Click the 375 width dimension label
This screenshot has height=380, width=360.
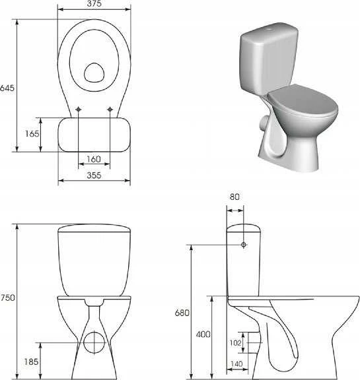tap(94, 3)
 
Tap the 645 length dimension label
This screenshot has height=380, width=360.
tap(7, 88)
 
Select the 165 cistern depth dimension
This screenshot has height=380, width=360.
tap(32, 133)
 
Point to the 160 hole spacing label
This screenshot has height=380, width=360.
tap(94, 159)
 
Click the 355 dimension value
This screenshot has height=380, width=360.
tap(94, 175)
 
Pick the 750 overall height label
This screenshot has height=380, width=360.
tap(7, 298)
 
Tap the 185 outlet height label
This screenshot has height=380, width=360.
tap(31, 362)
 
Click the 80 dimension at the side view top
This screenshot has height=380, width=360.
tap(234, 197)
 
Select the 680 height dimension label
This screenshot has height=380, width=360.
tap(182, 313)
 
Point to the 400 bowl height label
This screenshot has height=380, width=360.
tap(203, 334)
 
